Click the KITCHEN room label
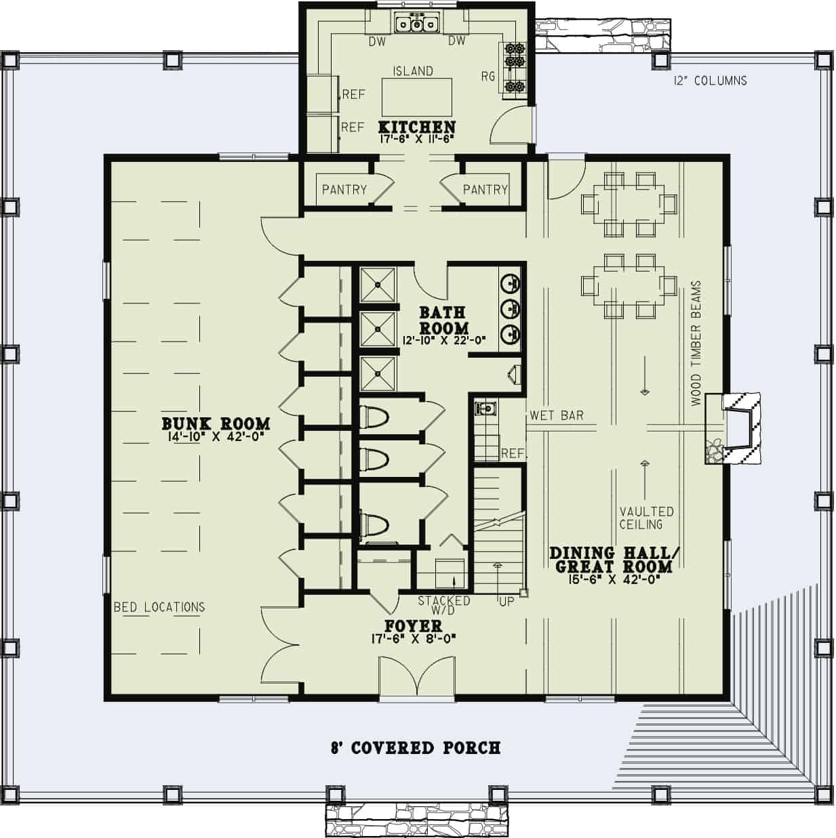[416, 127]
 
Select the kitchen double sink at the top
[416, 24]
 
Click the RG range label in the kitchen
[488, 77]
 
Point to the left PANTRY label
[344, 190]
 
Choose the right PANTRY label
[485, 190]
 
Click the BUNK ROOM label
[216, 423]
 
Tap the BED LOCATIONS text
[159, 607]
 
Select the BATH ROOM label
[443, 320]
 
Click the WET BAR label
[557, 415]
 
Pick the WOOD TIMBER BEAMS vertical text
[696, 343]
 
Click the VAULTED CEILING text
[645, 518]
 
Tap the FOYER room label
[413, 626]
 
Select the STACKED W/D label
[444, 605]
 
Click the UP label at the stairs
[506, 602]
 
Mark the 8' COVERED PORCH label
[416, 748]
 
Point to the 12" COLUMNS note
[710, 81]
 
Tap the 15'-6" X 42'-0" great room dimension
[610, 579]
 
